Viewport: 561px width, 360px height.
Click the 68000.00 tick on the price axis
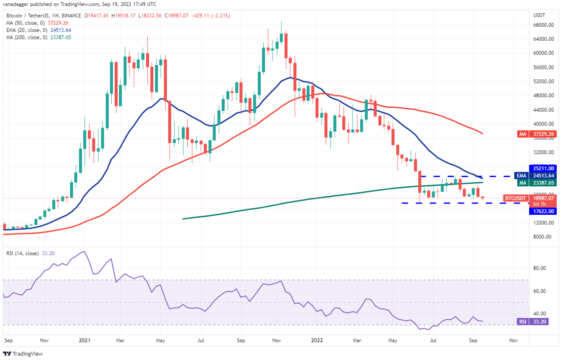pos(542,25)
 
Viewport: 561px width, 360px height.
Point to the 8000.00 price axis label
pos(542,237)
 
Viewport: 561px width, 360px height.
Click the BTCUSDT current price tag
pos(531,198)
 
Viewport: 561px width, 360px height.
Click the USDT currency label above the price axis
pos(539,15)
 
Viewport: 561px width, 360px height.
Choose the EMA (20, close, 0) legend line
pos(38,29)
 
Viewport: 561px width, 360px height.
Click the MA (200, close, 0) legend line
pos(38,37)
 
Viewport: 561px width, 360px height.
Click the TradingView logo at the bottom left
pos(24,353)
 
